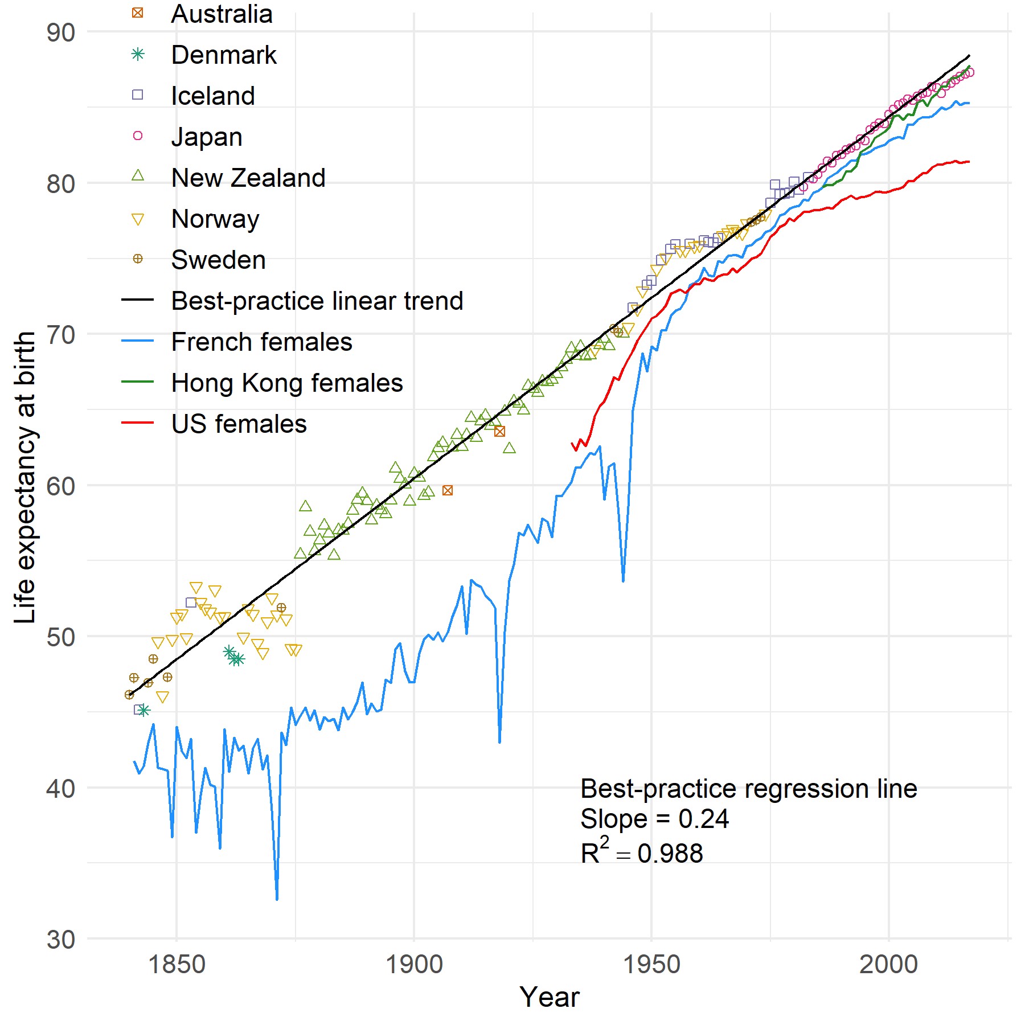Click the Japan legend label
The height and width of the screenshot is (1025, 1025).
(x=207, y=137)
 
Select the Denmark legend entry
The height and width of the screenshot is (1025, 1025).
(x=223, y=55)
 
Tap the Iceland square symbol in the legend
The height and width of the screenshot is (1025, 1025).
(x=137, y=95)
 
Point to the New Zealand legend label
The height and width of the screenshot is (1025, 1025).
(x=248, y=178)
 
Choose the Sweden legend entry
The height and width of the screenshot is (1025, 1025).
(x=218, y=260)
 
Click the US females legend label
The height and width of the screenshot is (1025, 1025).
(x=239, y=424)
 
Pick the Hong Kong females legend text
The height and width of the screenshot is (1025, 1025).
(x=287, y=383)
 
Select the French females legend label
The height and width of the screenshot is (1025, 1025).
(x=261, y=342)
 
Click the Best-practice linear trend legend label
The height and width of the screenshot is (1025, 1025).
(x=317, y=301)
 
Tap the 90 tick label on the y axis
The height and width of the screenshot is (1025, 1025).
(x=61, y=33)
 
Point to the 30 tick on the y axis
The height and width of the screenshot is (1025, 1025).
(x=61, y=940)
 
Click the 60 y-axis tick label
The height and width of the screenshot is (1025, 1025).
(x=61, y=486)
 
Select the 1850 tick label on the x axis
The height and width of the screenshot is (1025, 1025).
(x=177, y=965)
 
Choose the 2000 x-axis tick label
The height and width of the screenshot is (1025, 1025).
(x=888, y=965)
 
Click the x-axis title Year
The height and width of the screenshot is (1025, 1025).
(x=549, y=997)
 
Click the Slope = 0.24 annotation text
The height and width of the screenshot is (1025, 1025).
(x=654, y=819)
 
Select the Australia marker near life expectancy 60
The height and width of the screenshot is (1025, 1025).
(x=448, y=490)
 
